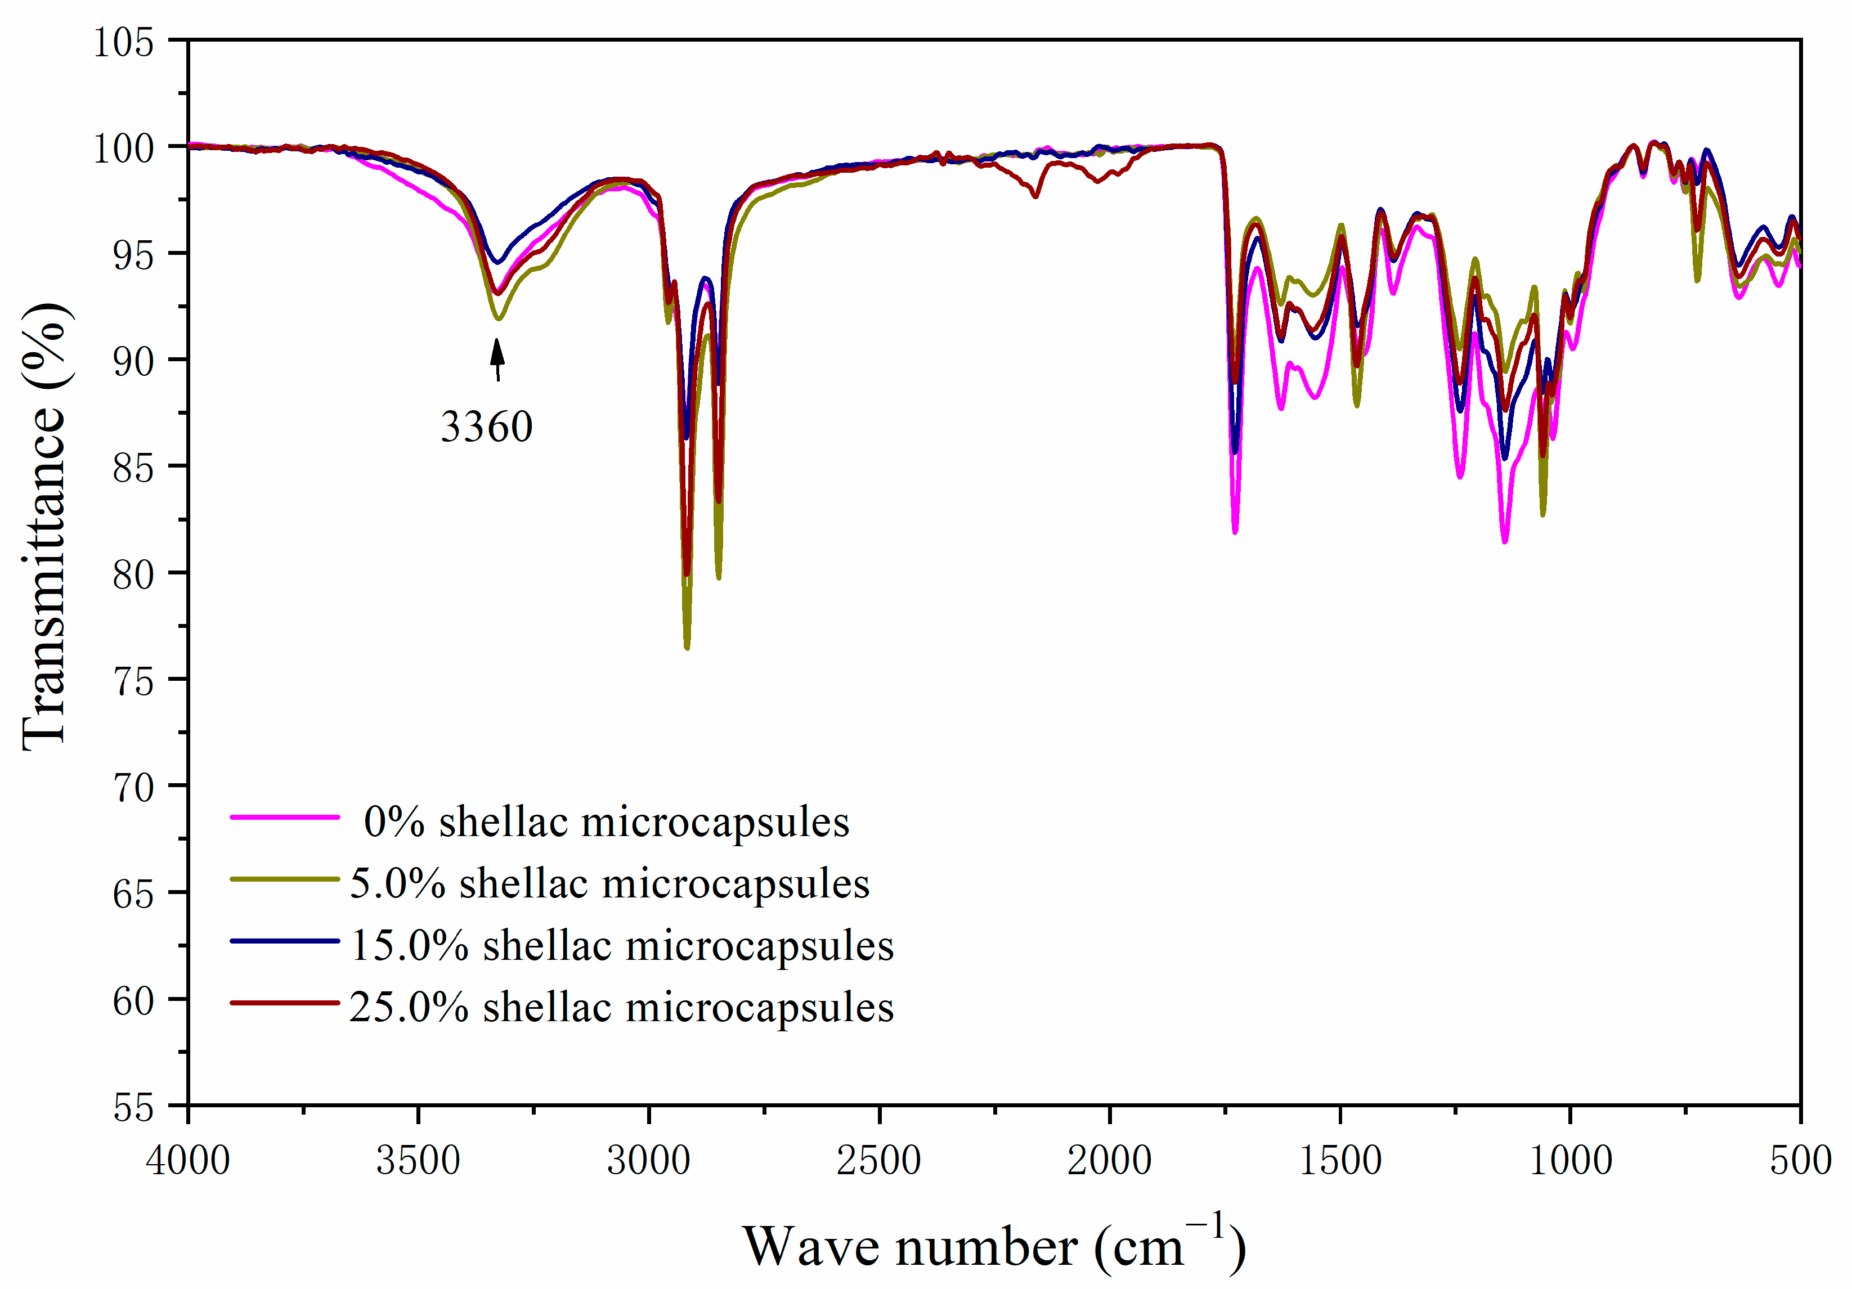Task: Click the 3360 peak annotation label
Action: (x=486, y=426)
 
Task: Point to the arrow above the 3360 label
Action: (x=497, y=360)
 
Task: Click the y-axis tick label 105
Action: (x=123, y=42)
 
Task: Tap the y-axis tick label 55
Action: (x=133, y=1107)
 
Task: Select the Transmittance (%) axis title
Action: (x=44, y=528)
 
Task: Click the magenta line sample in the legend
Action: (x=285, y=817)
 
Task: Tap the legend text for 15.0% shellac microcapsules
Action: (x=622, y=945)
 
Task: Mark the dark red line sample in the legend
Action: (x=285, y=1003)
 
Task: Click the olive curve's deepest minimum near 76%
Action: (x=687, y=647)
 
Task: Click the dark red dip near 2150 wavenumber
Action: (x=1035, y=196)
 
